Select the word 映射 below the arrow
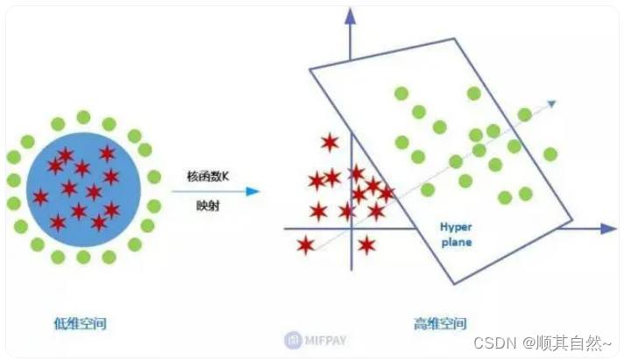207,207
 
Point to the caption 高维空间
440,324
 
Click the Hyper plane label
455,231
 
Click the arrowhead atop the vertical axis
350,16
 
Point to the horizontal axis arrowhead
608,229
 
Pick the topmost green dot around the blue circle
83,117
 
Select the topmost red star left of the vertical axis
330,142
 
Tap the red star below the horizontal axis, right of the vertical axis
366,245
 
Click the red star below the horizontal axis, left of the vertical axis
305,245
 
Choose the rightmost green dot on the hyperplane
550,154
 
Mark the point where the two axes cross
350,229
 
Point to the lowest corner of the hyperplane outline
454,284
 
